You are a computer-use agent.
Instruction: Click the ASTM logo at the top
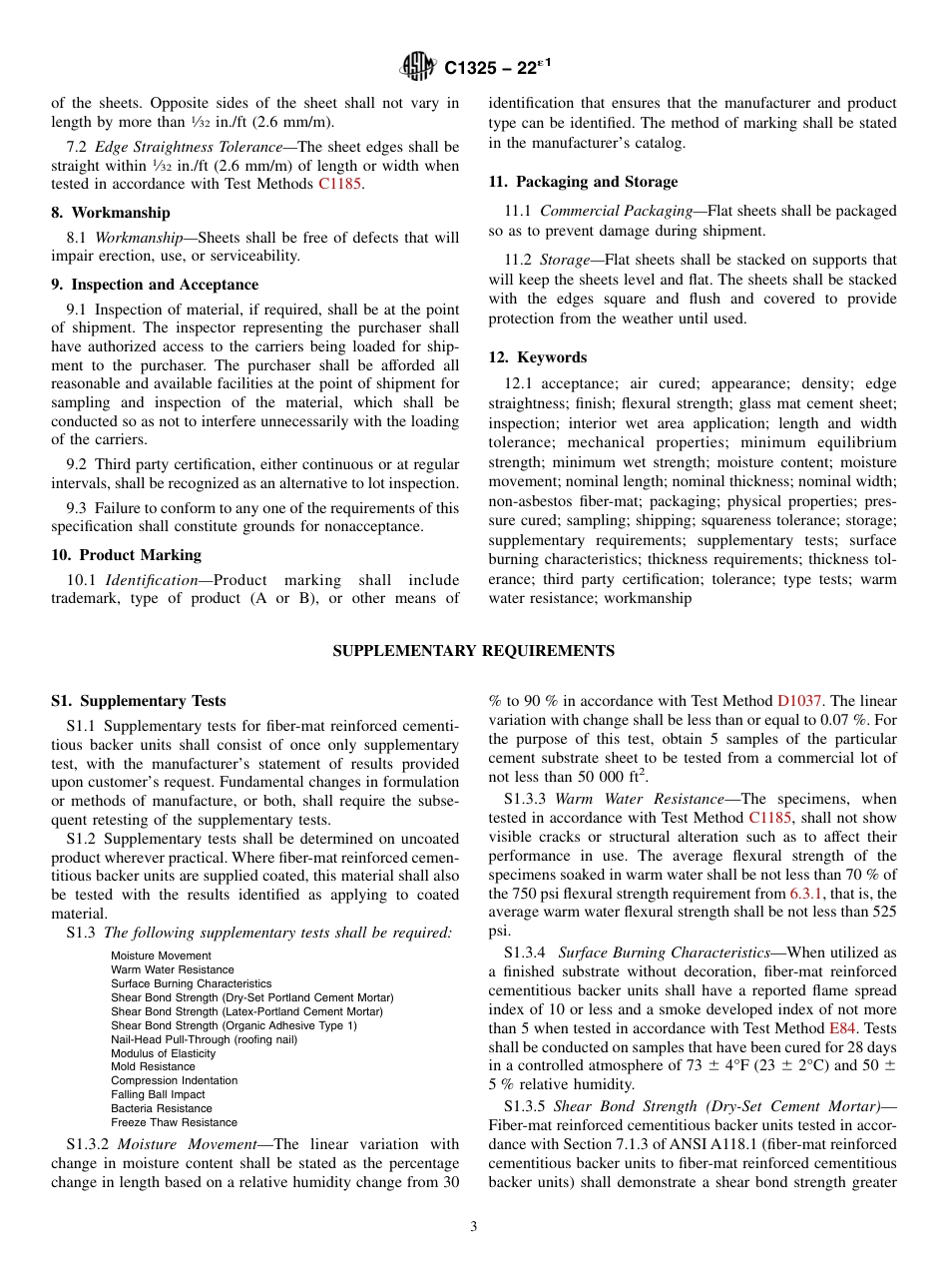click(x=417, y=67)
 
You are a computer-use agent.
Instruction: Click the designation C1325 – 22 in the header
click(x=496, y=68)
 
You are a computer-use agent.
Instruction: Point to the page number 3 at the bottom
click(x=474, y=1227)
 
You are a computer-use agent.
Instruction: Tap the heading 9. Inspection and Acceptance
click(x=155, y=285)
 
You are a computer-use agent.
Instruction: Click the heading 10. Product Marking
click(x=126, y=555)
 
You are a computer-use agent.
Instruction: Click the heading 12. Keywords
click(x=537, y=357)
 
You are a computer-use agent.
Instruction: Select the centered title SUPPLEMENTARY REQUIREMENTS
click(x=473, y=651)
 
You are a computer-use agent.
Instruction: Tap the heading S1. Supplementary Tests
click(x=139, y=701)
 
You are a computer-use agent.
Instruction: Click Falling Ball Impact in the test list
click(x=158, y=1095)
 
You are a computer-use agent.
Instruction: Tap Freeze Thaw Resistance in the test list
click(x=174, y=1122)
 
